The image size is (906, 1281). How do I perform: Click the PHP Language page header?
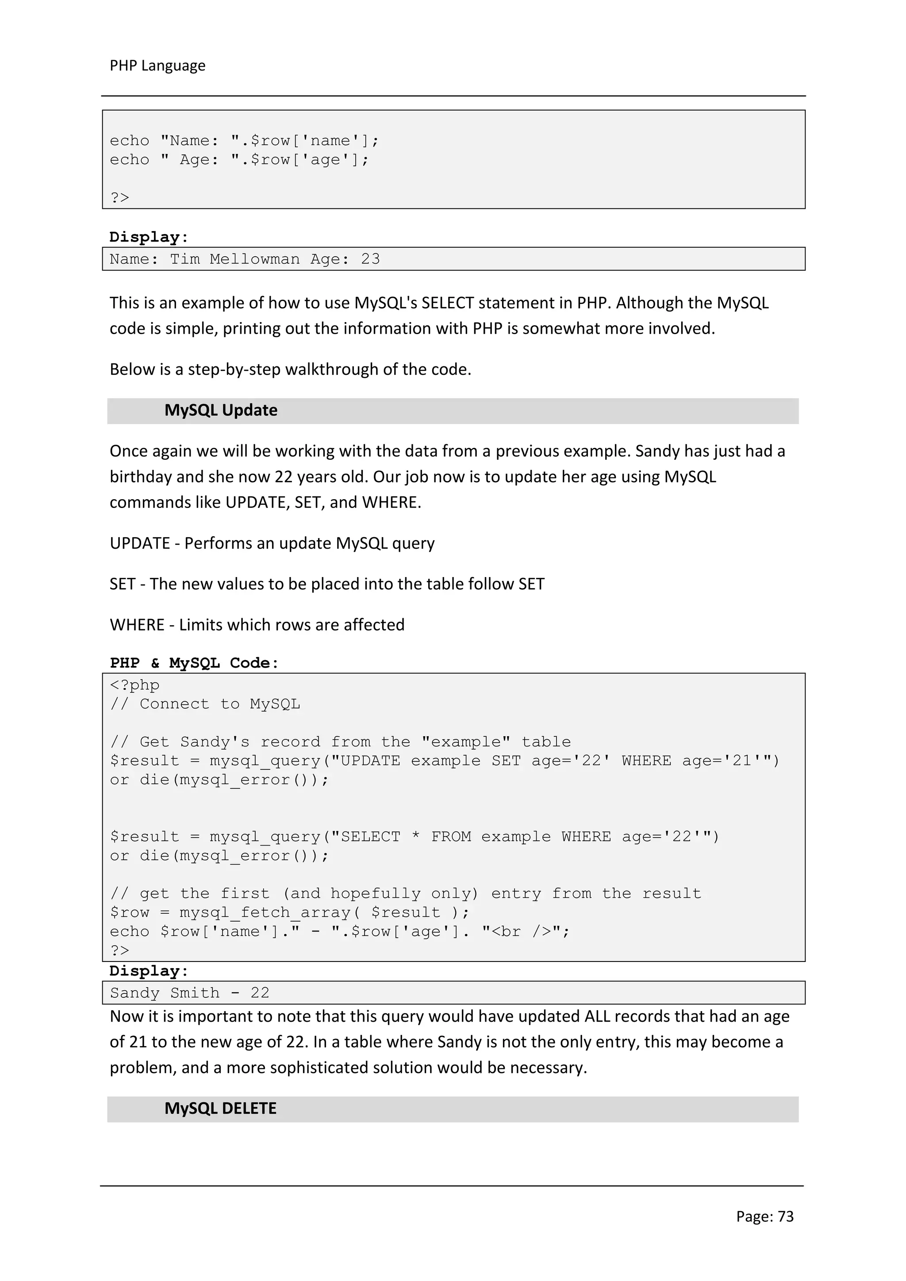click(157, 66)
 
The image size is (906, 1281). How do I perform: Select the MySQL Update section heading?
click(220, 410)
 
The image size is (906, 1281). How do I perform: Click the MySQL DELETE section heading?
click(220, 1108)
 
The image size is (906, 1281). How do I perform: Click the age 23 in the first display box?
click(370, 259)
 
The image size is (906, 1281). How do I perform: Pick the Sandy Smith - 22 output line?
click(190, 992)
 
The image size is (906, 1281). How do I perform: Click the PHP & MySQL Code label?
click(194, 663)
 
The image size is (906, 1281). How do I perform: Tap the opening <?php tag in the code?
click(134, 685)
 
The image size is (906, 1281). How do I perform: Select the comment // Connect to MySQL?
click(205, 704)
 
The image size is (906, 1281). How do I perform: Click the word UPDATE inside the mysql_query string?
click(370, 761)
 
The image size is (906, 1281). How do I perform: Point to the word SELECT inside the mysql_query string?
click(370, 837)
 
